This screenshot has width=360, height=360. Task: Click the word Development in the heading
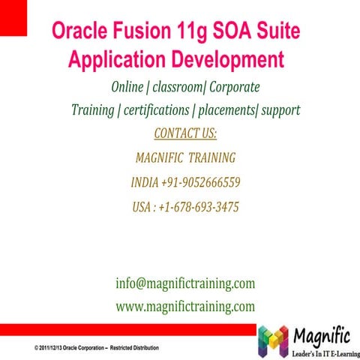coord(223,59)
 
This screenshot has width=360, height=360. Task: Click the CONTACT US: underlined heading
coord(184,133)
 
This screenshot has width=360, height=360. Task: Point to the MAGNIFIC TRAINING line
coord(185,158)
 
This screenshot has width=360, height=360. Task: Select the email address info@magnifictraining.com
coord(185,283)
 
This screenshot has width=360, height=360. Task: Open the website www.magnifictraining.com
coord(185,306)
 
